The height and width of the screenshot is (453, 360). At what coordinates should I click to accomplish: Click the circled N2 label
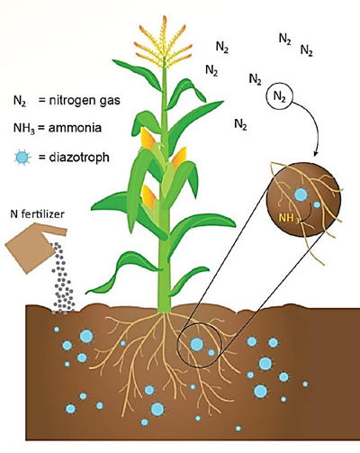coord(279,96)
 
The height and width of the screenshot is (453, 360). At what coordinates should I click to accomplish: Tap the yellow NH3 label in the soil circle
coord(289,218)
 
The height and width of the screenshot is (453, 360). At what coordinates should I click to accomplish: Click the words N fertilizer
coord(38,213)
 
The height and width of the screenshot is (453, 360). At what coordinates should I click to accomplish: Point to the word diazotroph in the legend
coord(79,157)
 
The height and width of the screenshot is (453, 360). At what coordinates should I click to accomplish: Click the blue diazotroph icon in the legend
coord(22,157)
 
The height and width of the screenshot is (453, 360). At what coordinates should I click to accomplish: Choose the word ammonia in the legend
coord(75,128)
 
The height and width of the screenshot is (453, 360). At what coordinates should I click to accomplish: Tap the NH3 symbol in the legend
coord(24,128)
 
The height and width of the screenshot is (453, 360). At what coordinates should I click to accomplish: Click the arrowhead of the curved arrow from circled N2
coord(315,154)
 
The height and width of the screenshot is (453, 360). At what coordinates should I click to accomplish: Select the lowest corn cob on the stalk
coord(148,196)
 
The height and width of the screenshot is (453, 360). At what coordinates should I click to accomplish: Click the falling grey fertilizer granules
coord(62,277)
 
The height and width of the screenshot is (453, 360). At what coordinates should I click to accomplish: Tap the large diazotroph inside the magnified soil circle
coord(301,195)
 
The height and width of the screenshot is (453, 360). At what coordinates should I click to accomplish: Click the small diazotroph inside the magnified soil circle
coord(317,204)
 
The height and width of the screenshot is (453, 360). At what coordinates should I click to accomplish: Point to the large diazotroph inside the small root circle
coord(197,344)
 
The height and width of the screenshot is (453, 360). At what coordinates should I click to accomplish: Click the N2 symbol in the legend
coord(20,100)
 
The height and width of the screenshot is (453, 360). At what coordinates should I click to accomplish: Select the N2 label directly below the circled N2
coord(240,124)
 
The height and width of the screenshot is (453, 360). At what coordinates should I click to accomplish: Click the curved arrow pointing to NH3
coord(310,213)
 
